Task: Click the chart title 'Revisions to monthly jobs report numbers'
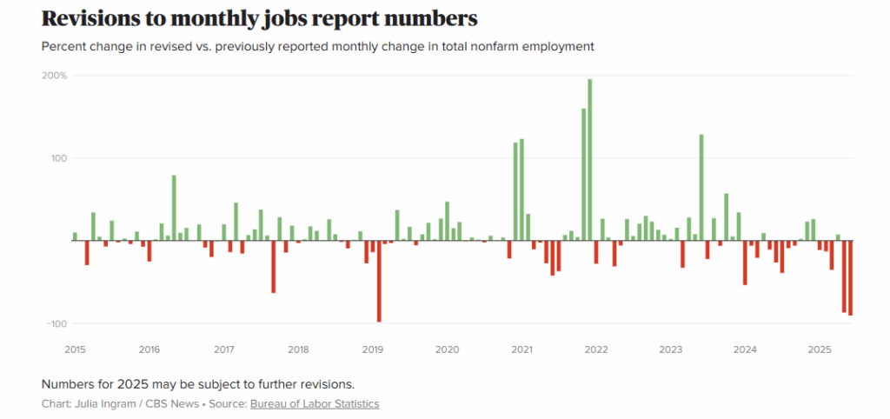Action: pos(259,19)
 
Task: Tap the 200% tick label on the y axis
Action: pos(56,76)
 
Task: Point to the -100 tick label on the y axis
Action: pos(56,323)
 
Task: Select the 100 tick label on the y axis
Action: pos(59,158)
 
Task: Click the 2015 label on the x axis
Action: pos(76,349)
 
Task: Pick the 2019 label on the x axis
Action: pos(372,349)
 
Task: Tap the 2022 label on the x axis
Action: pos(595,349)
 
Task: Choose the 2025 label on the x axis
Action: pos(819,349)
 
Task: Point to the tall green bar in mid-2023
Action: pos(701,187)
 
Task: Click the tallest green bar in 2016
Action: pos(174,208)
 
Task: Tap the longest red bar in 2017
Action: pos(273,266)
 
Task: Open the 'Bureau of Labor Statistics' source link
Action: pos(315,404)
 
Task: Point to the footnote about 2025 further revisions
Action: pos(198,383)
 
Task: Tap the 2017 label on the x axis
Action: pos(223,349)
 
